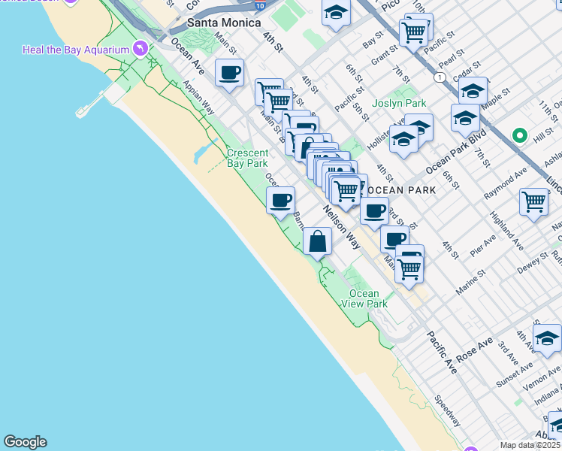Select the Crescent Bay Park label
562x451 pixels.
pyautogui.click(x=247, y=158)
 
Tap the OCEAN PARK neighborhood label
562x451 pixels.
pyautogui.click(x=403, y=190)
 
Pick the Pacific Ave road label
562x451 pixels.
pyautogui.click(x=442, y=353)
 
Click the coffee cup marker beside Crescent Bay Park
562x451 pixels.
pyautogui.click(x=281, y=201)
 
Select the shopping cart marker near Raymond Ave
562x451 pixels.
pyautogui.click(x=533, y=201)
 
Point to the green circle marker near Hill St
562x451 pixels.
pyautogui.click(x=518, y=136)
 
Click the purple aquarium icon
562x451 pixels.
pyautogui.click(x=139, y=50)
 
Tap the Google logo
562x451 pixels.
pyautogui.click(x=25, y=442)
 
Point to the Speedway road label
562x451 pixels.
pyautogui.click(x=449, y=412)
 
